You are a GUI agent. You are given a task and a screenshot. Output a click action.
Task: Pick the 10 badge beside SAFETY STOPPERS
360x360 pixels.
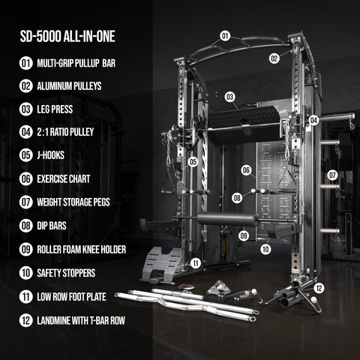[x=26, y=273]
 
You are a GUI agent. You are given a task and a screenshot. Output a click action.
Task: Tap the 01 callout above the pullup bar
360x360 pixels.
[x=225, y=35]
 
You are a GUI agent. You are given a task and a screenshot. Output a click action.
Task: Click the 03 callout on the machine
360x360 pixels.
[x=229, y=97]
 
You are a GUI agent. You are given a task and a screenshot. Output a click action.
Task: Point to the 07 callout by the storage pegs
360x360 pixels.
[x=332, y=175]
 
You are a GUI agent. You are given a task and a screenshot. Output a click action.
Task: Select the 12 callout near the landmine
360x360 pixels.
[x=319, y=287]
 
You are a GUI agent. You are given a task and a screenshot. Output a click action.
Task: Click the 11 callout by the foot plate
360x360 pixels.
[x=195, y=262]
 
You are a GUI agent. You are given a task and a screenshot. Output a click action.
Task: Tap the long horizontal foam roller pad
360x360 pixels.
[x=227, y=219]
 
